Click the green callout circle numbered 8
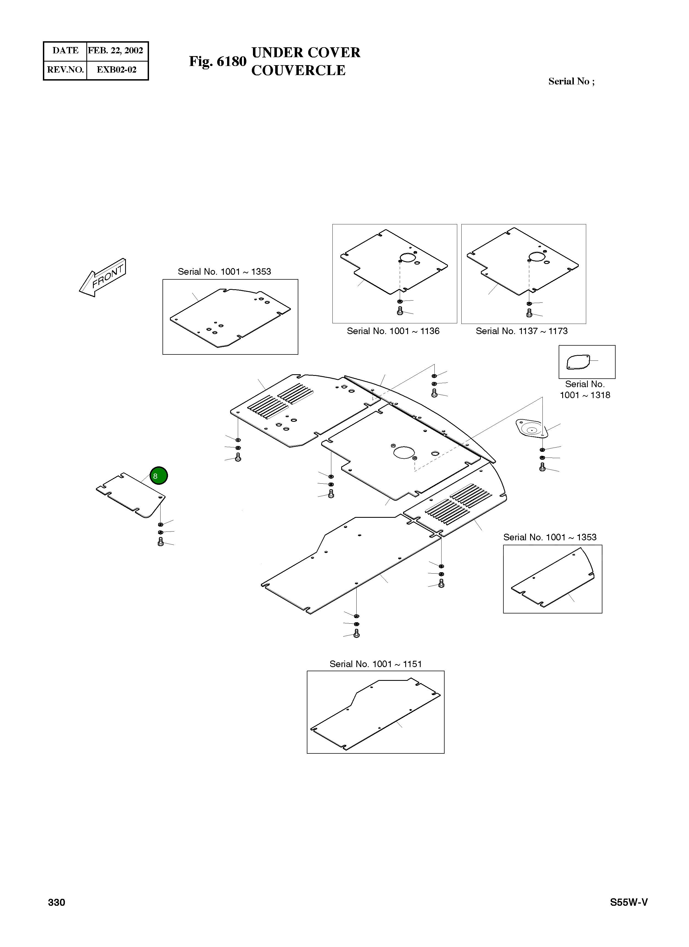159,476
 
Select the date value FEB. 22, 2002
116,51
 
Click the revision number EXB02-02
117,70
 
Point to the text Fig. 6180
217,61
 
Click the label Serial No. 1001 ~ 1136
393,331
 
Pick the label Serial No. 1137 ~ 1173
522,331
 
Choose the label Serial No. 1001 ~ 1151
375,664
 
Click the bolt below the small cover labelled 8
161,542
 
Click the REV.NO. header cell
65,70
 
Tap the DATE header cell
65,51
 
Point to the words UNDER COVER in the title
306,53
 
